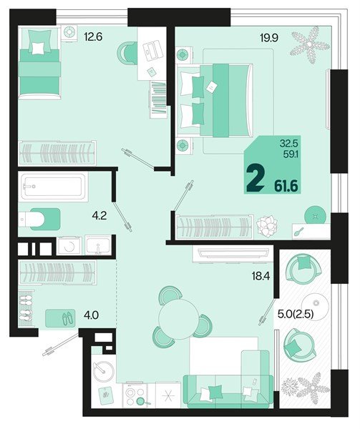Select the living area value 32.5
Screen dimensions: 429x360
pos(290,142)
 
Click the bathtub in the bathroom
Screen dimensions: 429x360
pos(54,187)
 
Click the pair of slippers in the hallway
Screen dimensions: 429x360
pos(63,317)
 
